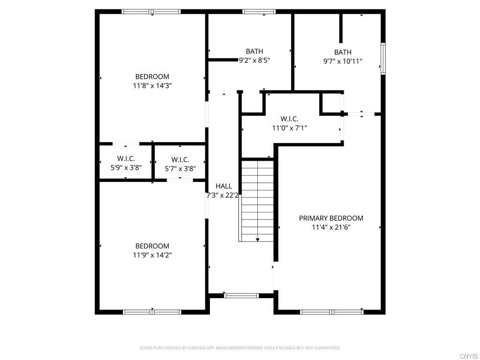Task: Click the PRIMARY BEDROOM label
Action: coord(331,218)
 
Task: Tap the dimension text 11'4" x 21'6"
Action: coord(331,227)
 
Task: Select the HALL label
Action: coord(224,186)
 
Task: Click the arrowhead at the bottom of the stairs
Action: coord(257,240)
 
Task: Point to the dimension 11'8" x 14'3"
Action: coord(152,86)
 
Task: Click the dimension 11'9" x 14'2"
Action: coord(152,255)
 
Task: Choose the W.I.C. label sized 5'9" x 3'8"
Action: coord(126,159)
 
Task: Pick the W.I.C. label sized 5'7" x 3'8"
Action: coord(180,159)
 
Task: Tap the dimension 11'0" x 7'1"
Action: coord(289,127)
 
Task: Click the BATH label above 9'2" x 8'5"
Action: coord(254,51)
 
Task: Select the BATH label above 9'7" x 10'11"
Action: coord(343,52)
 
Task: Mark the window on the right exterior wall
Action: coord(383,59)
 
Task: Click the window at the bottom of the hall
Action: coord(241,295)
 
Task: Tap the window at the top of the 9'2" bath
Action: coord(259,12)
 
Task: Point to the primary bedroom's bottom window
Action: coord(331,312)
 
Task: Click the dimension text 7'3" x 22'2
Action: coord(223,195)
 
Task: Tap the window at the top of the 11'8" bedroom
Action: coord(151,12)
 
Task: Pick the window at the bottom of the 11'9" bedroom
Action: coord(152,312)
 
